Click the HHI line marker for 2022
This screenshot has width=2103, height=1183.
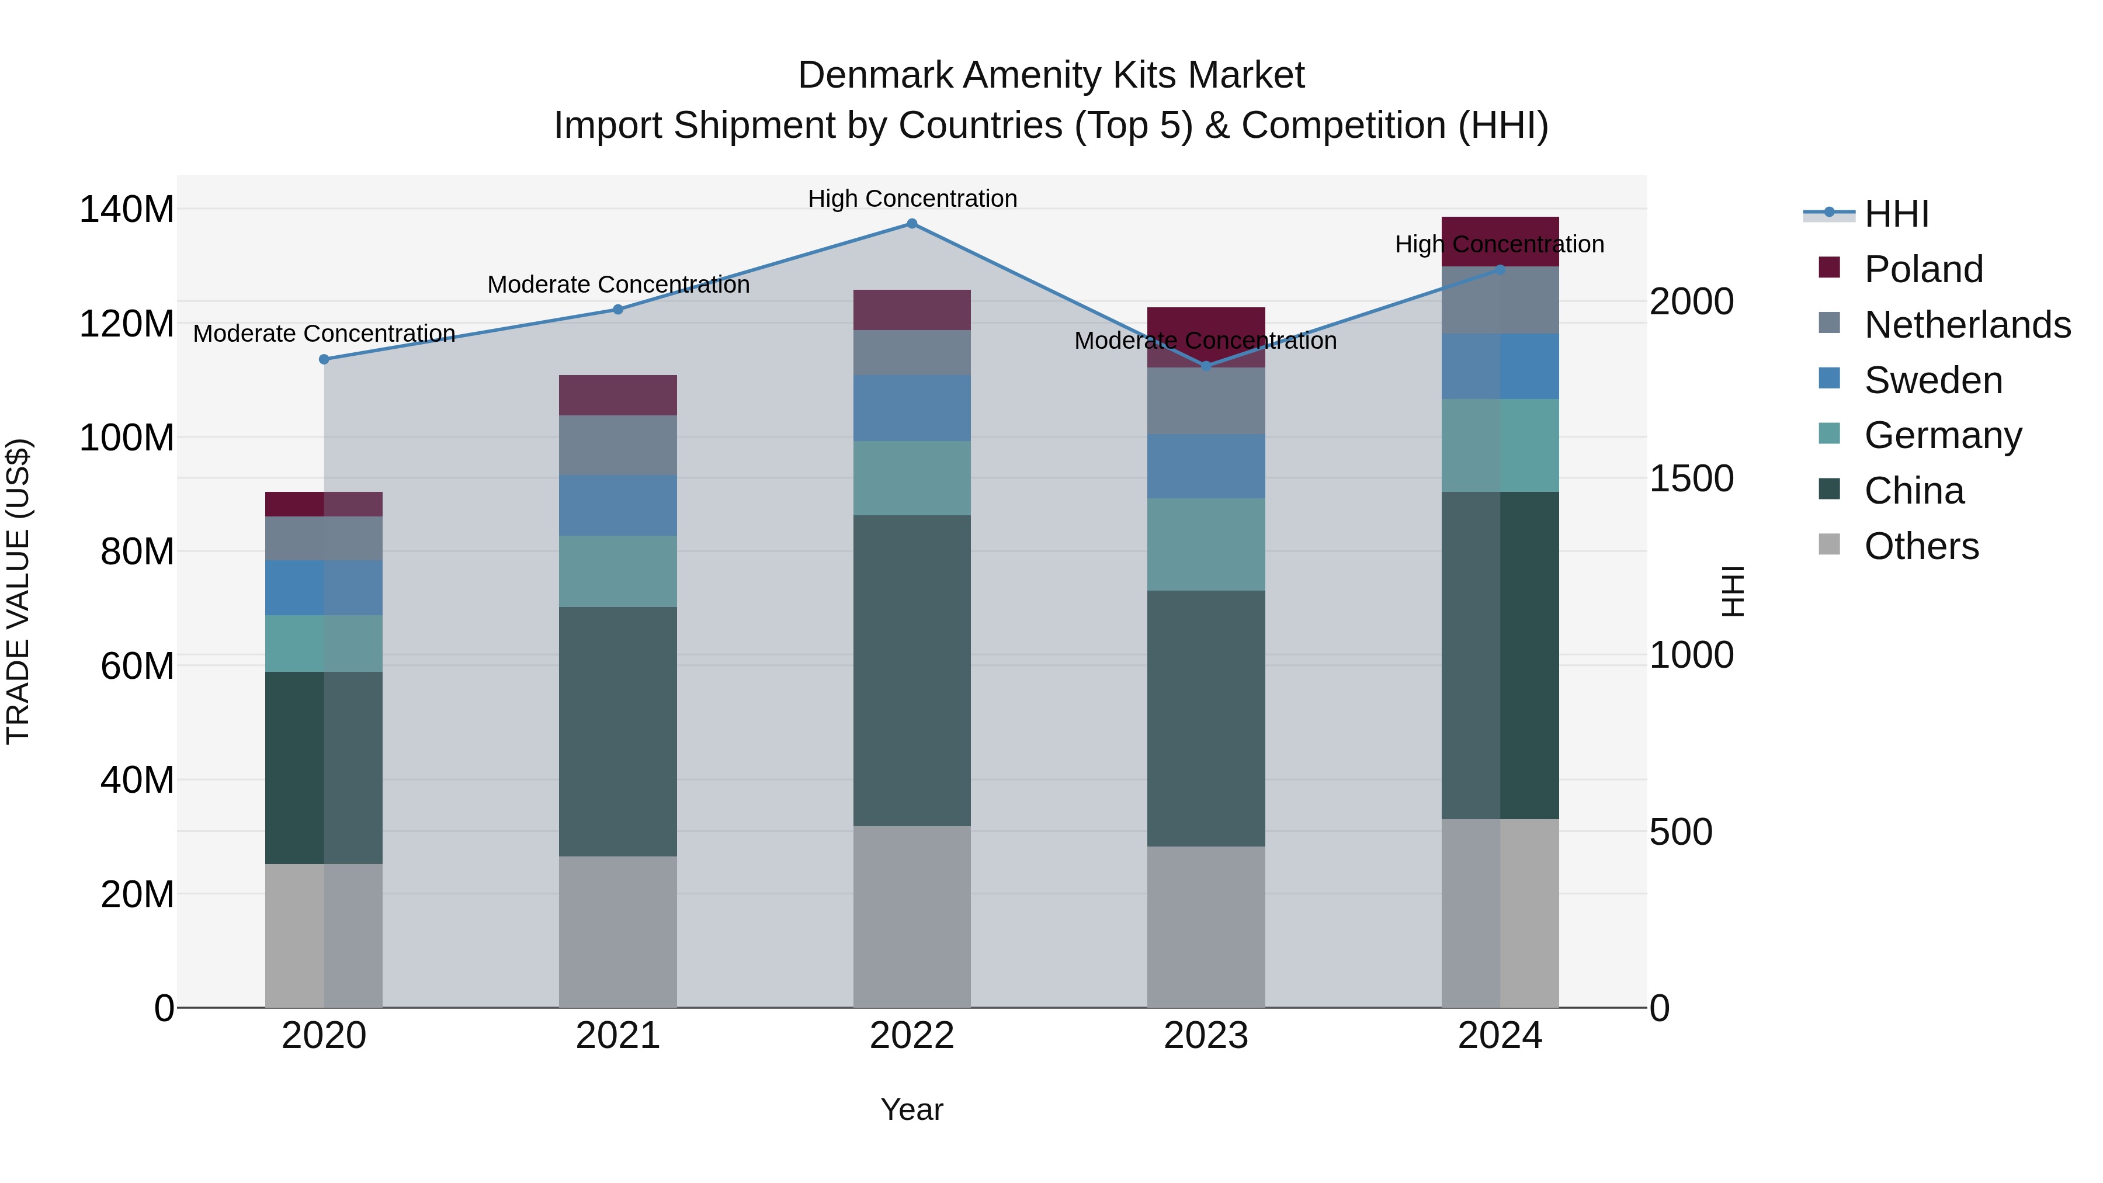912,224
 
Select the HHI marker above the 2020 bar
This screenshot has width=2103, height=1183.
324,359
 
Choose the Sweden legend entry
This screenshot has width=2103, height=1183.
1932,380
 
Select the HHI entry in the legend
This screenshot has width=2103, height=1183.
1896,214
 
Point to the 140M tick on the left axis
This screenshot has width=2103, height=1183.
127,210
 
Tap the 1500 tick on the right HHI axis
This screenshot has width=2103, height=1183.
1691,478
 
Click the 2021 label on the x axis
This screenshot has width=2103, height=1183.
618,1036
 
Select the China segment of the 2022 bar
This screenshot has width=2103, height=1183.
912,669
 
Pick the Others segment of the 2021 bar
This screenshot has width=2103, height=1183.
618,931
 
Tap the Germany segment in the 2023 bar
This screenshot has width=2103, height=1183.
1206,544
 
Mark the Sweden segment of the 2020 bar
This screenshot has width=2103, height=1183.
324,587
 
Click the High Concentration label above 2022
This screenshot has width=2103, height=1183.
912,199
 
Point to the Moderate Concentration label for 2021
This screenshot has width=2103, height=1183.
618,285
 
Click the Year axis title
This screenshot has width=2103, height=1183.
911,1109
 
